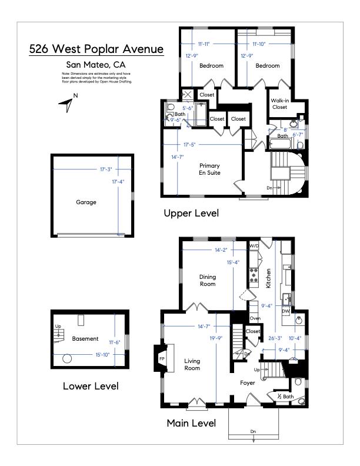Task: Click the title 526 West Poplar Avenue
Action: pos(96,49)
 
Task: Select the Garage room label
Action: pos(86,202)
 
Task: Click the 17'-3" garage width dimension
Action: pos(107,170)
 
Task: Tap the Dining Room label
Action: pos(207,281)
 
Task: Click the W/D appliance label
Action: pos(254,245)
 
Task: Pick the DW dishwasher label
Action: pos(285,311)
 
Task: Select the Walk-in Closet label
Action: pos(279,104)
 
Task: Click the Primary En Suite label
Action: pos(209,169)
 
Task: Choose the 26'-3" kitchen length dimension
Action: pos(275,338)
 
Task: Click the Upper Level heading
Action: pos(191,214)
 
